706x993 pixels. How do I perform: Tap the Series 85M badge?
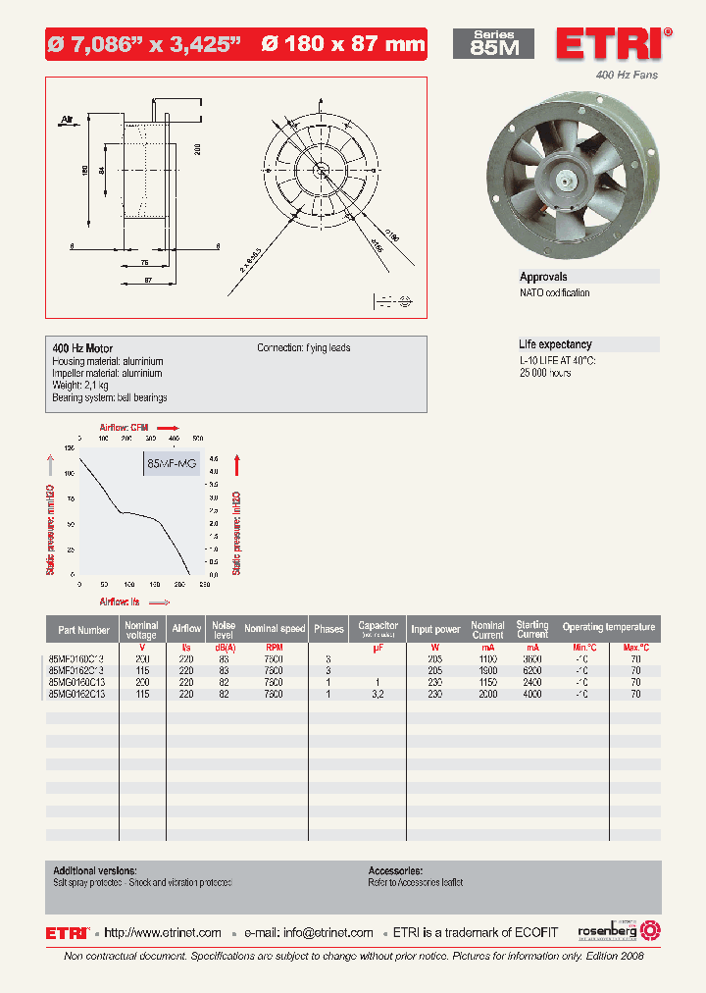coord(493,43)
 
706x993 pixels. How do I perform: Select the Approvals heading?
coord(543,278)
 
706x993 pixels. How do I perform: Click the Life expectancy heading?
coord(555,344)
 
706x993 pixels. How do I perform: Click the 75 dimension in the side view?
coord(144,263)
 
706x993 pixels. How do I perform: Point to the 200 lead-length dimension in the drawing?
coord(196,148)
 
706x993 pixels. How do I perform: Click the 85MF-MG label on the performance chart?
coord(171,462)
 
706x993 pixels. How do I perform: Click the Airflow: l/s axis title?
coord(119,600)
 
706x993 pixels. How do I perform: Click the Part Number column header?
coord(83,629)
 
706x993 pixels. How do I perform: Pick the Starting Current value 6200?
coord(532,670)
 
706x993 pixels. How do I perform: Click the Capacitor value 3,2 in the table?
coord(377,694)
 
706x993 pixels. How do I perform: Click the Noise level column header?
coord(224,629)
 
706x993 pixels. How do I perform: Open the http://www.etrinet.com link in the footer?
coord(162,932)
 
